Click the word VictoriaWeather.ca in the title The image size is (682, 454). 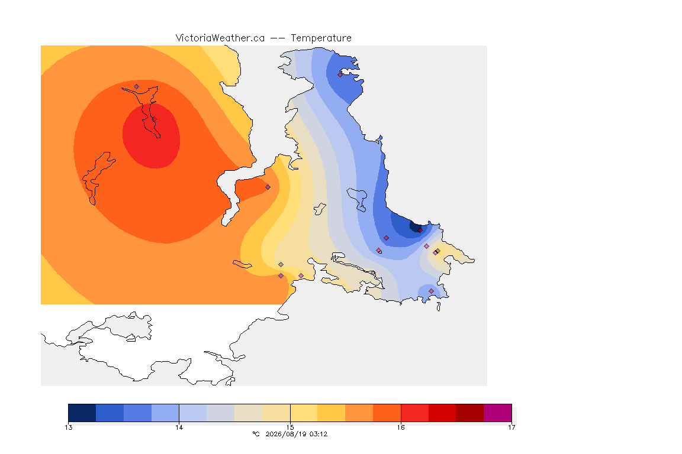point(220,38)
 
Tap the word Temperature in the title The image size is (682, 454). point(321,38)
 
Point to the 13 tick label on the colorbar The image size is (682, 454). point(68,427)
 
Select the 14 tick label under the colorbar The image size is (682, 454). point(179,427)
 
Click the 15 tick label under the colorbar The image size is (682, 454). point(290,427)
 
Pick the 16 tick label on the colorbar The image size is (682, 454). point(401,427)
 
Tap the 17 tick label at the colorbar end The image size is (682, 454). point(511,427)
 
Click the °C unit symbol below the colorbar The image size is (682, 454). point(256,434)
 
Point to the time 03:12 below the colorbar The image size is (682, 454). point(319,434)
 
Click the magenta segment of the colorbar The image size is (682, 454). point(497,413)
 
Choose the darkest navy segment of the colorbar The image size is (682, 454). point(82,413)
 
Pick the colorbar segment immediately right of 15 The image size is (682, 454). point(304,413)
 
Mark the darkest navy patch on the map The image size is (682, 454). point(415,226)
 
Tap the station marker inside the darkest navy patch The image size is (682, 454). point(420,231)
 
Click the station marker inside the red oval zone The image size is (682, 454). point(155,119)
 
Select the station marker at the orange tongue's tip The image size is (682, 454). point(268,187)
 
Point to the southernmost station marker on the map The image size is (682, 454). point(431,291)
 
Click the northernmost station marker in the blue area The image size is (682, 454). point(340,74)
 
